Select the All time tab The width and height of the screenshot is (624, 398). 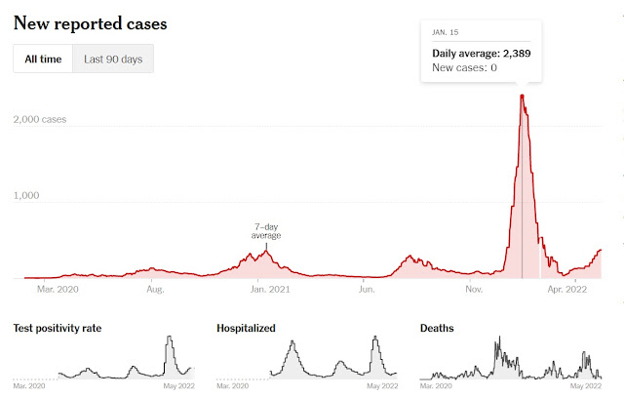43,60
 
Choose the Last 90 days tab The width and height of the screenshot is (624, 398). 113,60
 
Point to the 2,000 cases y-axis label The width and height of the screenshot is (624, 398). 41,119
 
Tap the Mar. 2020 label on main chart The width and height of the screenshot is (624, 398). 57,289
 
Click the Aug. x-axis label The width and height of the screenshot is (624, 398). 154,289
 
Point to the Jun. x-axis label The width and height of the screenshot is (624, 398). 368,289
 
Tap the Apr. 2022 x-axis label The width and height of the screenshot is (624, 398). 565,289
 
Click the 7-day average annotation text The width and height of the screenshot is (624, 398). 267,230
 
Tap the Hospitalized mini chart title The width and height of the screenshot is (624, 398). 246,328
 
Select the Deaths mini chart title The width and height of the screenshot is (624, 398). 436,328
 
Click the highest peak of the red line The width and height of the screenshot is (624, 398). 523,95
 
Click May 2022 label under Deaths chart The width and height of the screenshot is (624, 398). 585,387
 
